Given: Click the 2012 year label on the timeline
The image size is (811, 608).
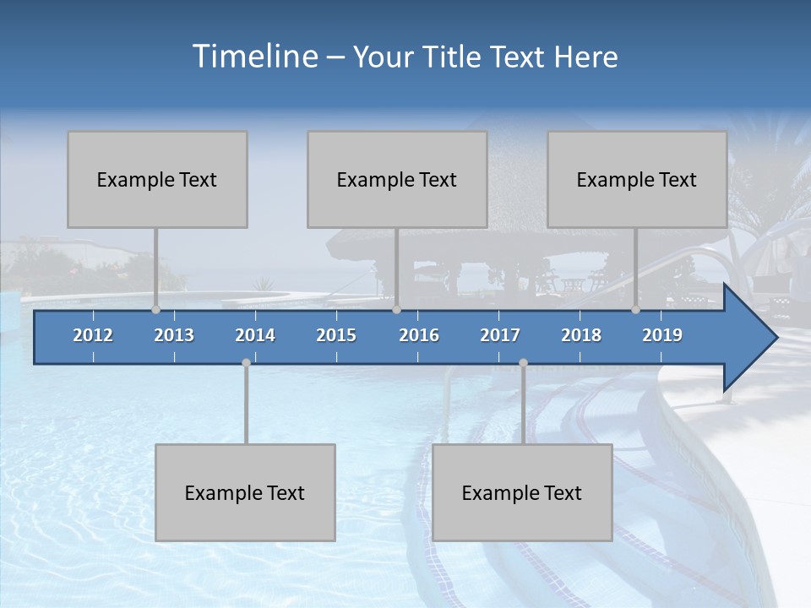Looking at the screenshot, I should click(93, 335).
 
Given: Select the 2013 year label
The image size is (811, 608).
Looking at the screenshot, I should click(174, 335).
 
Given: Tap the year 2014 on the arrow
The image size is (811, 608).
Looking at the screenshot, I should click(255, 335).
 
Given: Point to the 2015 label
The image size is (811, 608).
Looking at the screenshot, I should click(336, 335).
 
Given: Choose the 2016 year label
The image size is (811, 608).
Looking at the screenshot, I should click(419, 335).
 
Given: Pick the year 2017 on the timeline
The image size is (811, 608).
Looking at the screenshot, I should click(500, 335).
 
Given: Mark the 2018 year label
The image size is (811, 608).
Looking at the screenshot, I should click(581, 335).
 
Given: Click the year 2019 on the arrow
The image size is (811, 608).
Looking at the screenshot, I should click(662, 335).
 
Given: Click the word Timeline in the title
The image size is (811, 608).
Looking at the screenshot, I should click(253, 57).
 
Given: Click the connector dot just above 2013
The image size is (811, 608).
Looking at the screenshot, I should click(155, 310).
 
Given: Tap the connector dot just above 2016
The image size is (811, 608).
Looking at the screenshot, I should click(397, 310).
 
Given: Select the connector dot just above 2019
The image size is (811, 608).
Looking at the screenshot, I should click(636, 310).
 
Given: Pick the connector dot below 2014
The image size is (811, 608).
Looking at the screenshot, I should click(246, 363).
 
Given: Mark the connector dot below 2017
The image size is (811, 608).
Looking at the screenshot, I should click(523, 363).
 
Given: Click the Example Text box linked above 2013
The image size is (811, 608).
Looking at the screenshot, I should click(157, 179).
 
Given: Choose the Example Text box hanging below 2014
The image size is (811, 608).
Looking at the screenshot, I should click(245, 492).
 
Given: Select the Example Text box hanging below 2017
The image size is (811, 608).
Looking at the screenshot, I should click(522, 492).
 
